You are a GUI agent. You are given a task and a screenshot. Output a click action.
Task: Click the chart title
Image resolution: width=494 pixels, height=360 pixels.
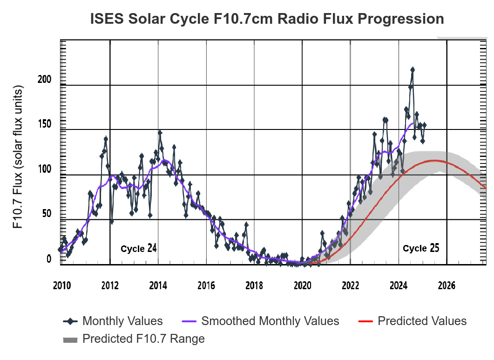click(267, 19)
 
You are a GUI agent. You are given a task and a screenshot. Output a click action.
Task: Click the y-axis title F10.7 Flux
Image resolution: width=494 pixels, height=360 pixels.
click(18, 157)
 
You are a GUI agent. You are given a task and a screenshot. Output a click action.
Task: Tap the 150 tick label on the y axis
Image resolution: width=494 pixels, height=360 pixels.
click(44, 124)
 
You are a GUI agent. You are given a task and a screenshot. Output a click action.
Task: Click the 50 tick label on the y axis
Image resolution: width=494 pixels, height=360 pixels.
click(46, 213)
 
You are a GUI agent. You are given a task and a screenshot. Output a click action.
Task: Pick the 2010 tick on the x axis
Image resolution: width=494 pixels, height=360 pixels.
click(61, 285)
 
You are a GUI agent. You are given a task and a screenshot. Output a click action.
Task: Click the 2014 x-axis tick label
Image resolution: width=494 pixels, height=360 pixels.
click(158, 285)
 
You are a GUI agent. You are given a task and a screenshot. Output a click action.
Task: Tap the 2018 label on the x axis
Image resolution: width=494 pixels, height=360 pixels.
click(254, 285)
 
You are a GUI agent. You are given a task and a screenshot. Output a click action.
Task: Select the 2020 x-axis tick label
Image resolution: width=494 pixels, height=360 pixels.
click(303, 285)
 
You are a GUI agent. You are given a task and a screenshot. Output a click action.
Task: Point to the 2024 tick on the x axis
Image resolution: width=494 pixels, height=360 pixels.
click(399, 285)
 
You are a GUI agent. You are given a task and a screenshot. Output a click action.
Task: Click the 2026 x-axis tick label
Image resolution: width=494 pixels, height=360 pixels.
click(447, 285)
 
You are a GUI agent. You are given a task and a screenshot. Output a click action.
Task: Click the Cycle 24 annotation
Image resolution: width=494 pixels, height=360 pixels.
click(138, 248)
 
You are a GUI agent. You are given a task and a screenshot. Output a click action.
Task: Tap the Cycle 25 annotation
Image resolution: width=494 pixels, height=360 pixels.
click(420, 248)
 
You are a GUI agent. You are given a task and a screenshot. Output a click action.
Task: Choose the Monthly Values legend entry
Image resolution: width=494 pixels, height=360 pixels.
click(113, 321)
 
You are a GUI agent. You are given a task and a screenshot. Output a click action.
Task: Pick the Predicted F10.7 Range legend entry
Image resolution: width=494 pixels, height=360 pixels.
click(134, 339)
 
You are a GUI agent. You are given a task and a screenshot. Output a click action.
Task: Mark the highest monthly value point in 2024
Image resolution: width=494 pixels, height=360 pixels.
click(413, 69)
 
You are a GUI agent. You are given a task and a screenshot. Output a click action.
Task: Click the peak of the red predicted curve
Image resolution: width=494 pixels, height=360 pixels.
click(434, 161)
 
